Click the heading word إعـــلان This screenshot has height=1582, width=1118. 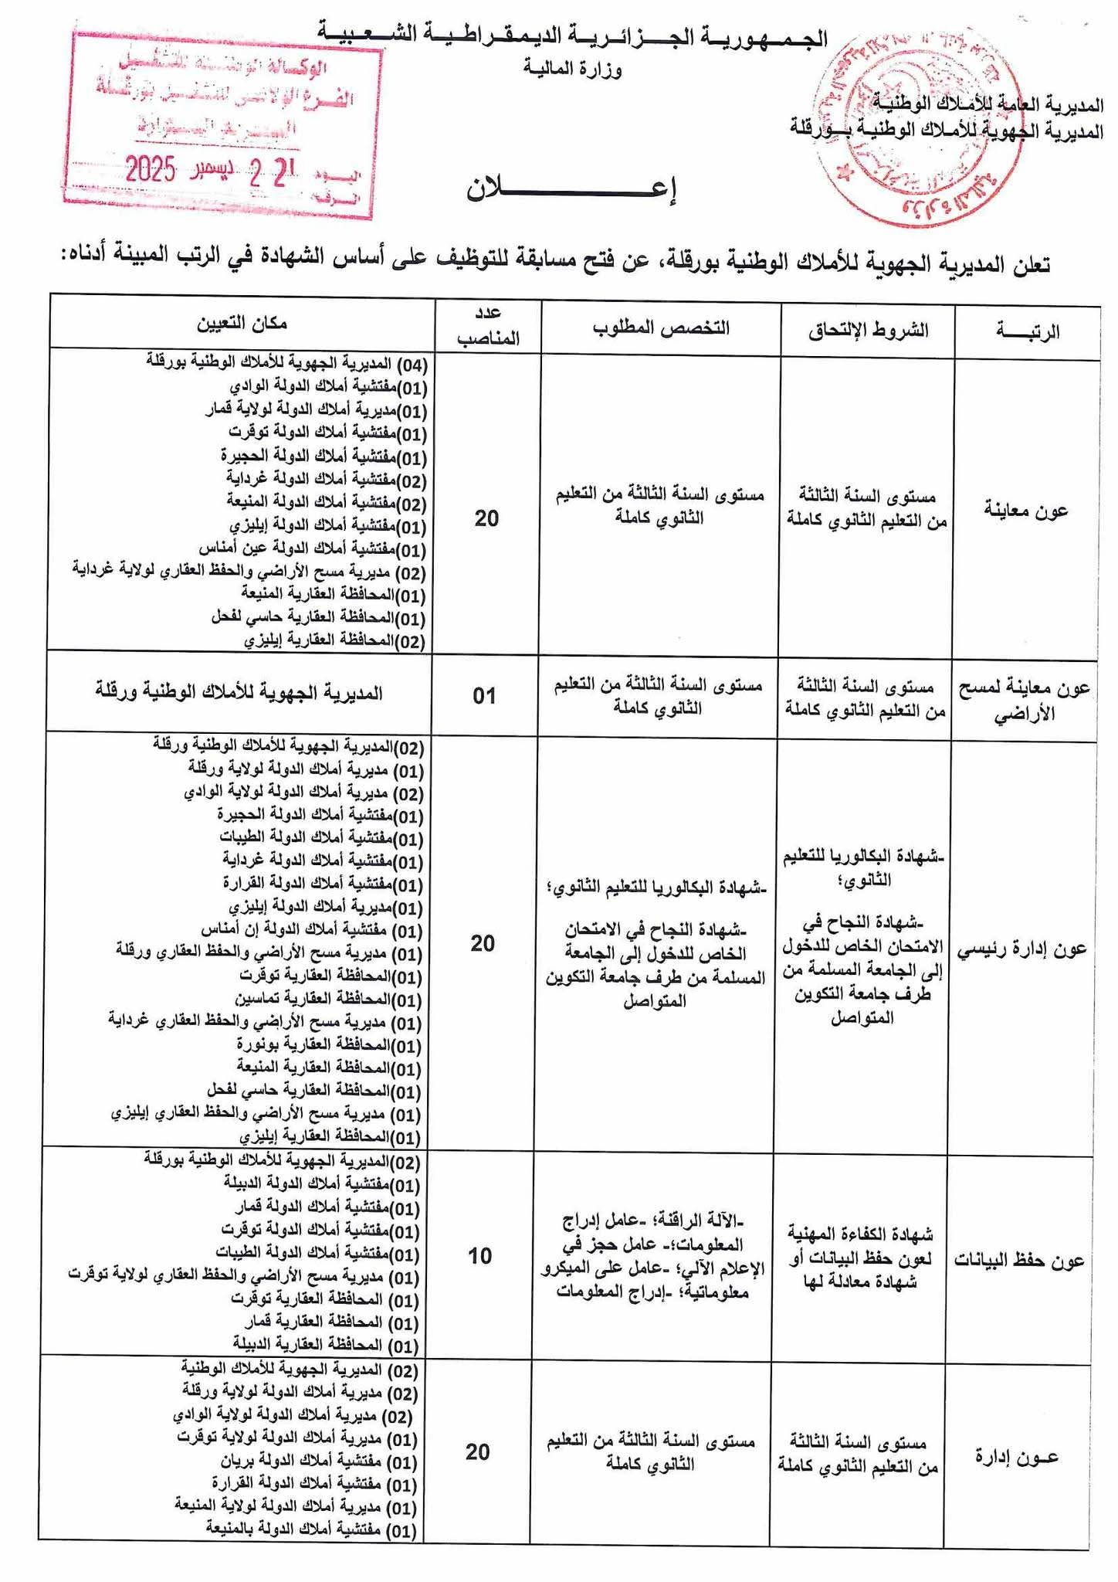(571, 189)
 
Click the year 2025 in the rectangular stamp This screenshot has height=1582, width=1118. (151, 168)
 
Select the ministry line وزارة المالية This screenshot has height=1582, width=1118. (572, 70)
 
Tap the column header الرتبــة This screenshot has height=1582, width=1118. (1027, 332)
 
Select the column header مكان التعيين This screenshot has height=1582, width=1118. (244, 323)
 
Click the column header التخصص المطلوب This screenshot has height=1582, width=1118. (661, 328)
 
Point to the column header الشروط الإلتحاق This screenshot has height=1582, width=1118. (868, 331)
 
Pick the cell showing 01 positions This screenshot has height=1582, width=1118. (484, 695)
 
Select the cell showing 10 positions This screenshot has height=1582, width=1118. (480, 1256)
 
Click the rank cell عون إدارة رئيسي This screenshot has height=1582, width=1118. (1022, 949)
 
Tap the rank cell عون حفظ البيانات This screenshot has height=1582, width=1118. (1019, 1261)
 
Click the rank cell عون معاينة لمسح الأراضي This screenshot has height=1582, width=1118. (1022, 700)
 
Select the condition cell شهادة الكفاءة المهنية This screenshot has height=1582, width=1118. (860, 1257)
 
